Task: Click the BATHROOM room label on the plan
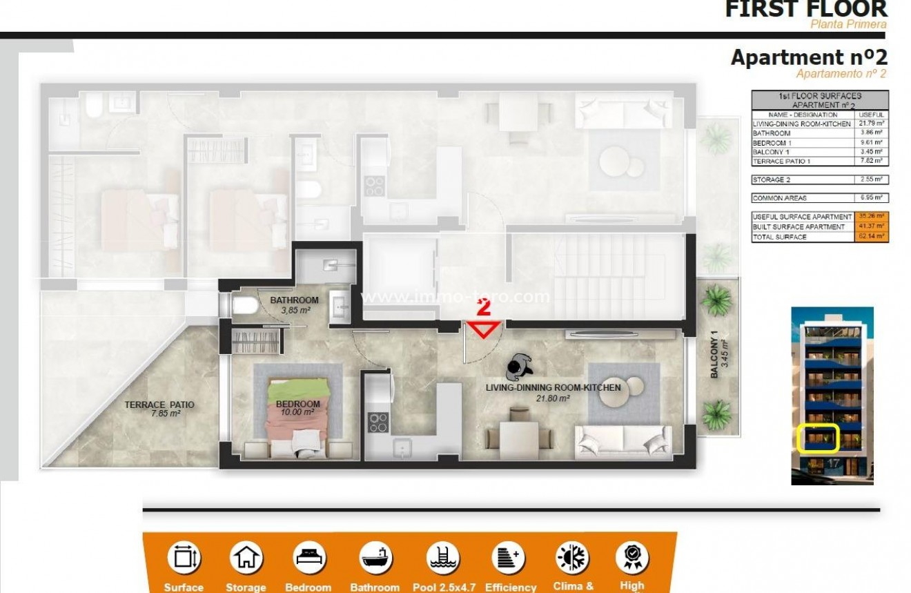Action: click(x=294, y=300)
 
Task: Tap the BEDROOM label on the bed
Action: click(x=298, y=404)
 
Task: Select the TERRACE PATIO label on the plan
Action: click(x=159, y=405)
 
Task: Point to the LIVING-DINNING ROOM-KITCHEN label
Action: click(x=553, y=388)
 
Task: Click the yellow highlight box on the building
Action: click(x=817, y=438)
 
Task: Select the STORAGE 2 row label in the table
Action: click(x=770, y=179)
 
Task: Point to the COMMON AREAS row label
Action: click(x=779, y=198)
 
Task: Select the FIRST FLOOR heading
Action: click(x=805, y=8)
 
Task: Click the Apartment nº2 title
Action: click(x=808, y=57)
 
